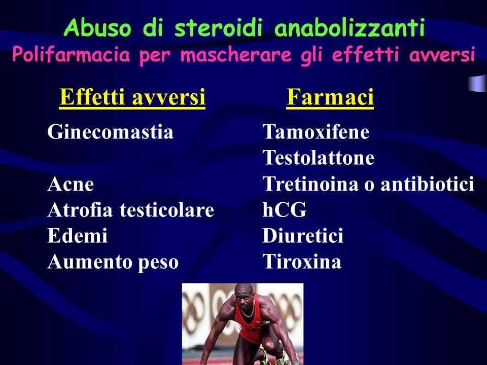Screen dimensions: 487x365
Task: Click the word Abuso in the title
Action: [97, 27]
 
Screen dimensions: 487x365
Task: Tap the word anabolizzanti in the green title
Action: [350, 27]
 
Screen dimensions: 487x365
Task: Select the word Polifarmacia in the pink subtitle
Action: [71, 55]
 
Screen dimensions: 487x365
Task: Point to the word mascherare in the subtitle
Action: [236, 55]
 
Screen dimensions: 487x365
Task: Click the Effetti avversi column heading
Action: [132, 97]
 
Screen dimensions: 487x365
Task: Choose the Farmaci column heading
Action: [330, 97]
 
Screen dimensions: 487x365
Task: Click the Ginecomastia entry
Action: [110, 132]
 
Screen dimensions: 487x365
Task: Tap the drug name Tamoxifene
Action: [316, 132]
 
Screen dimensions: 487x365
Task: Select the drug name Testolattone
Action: [319, 157]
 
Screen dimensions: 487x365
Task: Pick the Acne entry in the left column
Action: [71, 184]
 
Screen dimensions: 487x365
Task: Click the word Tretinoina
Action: [310, 184]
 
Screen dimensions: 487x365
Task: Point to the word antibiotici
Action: [427, 184]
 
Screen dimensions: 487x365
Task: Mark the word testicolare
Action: [167, 209]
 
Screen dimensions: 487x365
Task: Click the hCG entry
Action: [285, 209]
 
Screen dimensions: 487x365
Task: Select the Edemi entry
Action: [77, 235]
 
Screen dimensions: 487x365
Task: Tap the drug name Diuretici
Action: [303, 235]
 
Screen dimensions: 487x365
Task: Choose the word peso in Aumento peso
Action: [158, 263]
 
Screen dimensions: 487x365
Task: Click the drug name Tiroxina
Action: [302, 262]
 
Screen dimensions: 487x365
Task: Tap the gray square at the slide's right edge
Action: [478, 83]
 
